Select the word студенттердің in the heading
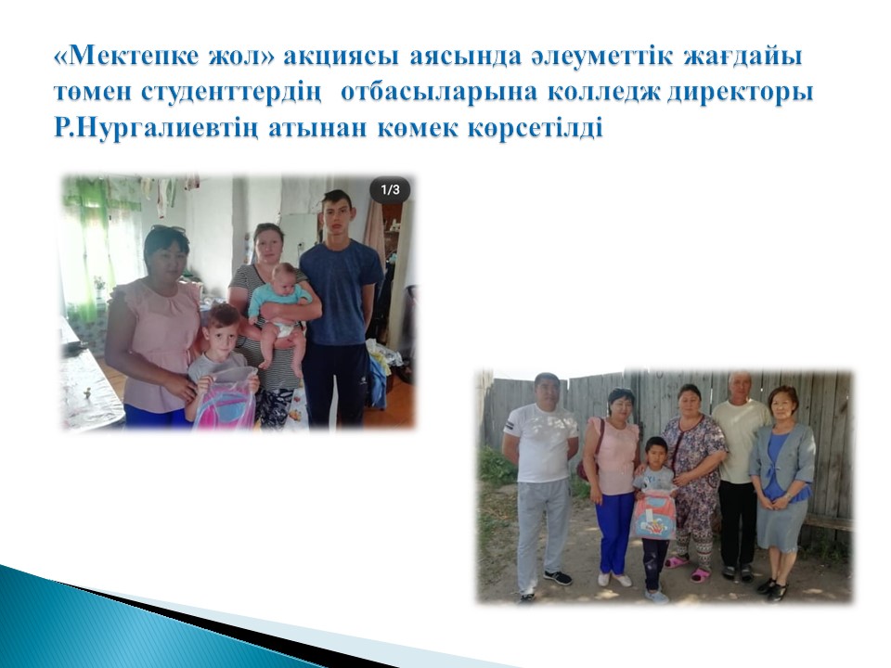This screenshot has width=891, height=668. point(229,94)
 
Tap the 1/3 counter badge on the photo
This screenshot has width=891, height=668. point(390,189)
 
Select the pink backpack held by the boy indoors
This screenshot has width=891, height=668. point(225,397)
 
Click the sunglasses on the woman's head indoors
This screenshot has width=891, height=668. point(169,230)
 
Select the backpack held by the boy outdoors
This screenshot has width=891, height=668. point(654,515)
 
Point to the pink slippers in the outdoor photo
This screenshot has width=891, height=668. point(688,568)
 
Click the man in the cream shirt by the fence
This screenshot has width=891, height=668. point(739,475)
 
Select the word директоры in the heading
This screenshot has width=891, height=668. point(740,93)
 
